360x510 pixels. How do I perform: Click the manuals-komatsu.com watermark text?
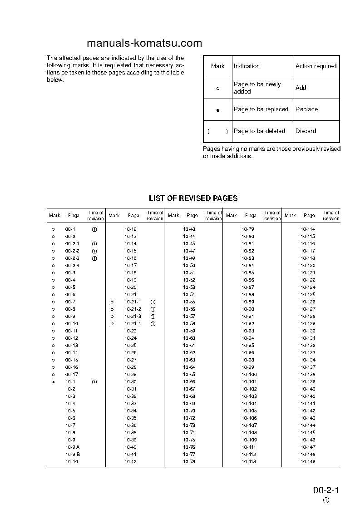tap(144, 43)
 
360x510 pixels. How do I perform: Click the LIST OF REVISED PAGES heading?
tap(193, 198)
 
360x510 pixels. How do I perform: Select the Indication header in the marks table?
tap(247, 66)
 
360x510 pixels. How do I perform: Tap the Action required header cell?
tap(316, 66)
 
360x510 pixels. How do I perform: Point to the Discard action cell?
tap(306, 131)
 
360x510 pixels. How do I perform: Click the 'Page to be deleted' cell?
tap(259, 131)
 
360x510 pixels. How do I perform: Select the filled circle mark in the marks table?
tap(217, 110)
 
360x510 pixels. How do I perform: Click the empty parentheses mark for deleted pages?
tap(217, 131)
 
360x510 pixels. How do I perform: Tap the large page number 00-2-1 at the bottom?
tap(326, 490)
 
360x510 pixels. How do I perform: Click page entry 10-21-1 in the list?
tap(133, 302)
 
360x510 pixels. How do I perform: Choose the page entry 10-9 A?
tap(72, 447)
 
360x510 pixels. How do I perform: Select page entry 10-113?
tap(249, 462)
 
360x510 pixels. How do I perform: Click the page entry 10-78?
tap(189, 462)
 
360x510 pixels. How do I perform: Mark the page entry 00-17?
tap(71, 375)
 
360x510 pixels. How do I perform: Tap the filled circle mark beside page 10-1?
tap(53, 382)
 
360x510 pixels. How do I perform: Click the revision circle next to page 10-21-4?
tap(153, 324)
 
